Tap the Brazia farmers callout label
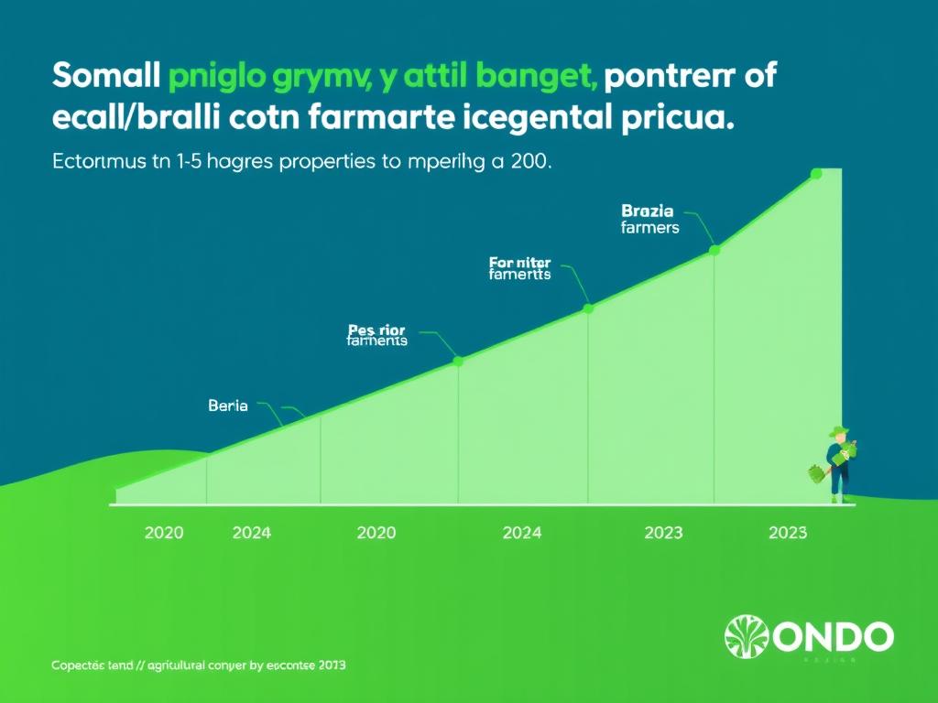649,219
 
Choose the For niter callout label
519,267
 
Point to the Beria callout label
228,406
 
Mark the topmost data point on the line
815,174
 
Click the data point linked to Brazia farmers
715,249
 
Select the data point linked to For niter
589,308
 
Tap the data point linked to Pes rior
458,362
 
